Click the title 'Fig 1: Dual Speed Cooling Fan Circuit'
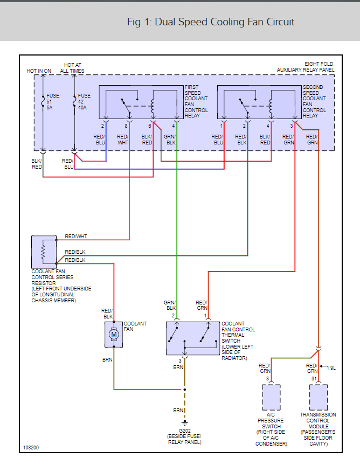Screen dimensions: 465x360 click(x=211, y=22)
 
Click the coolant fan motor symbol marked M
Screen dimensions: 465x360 click(x=114, y=335)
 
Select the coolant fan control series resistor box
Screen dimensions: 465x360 click(x=44, y=252)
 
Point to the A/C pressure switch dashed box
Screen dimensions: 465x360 click(x=271, y=398)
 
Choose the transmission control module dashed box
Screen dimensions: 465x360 click(x=319, y=398)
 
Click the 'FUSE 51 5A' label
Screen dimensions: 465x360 click(x=53, y=101)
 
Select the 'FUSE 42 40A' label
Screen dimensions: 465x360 click(x=84, y=101)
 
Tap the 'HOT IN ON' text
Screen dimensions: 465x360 click(x=39, y=71)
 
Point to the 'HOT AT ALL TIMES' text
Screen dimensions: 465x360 click(x=72, y=68)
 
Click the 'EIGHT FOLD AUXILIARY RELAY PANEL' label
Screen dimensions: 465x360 click(x=305, y=67)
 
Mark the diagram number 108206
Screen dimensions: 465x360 click(x=31, y=447)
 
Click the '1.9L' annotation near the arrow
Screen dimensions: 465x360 click(x=330, y=367)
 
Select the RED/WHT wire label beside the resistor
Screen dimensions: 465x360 click(x=76, y=237)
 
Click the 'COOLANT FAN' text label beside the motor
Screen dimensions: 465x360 click(x=135, y=327)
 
